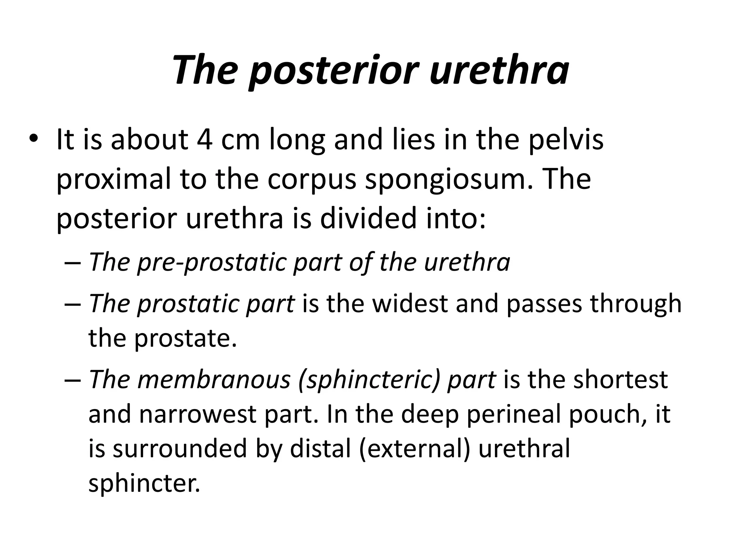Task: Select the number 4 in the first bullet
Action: click(205, 139)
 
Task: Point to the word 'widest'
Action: click(410, 303)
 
